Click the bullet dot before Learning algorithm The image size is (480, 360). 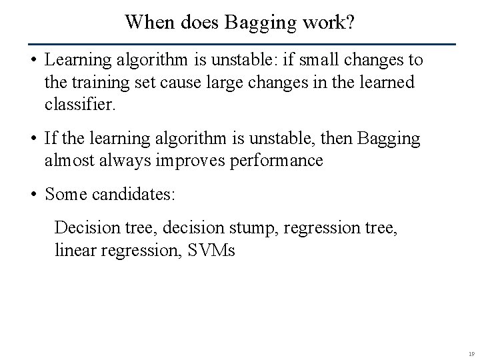coord(32,61)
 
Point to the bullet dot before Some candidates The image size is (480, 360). coord(32,195)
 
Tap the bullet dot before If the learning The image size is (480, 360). coord(32,139)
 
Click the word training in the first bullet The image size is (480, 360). coord(99,83)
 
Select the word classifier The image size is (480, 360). coord(80,105)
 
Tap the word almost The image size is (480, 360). coord(69,161)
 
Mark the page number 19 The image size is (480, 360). coord(471,354)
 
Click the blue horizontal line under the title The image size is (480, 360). coord(240,44)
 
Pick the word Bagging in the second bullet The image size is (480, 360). coord(389,139)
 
